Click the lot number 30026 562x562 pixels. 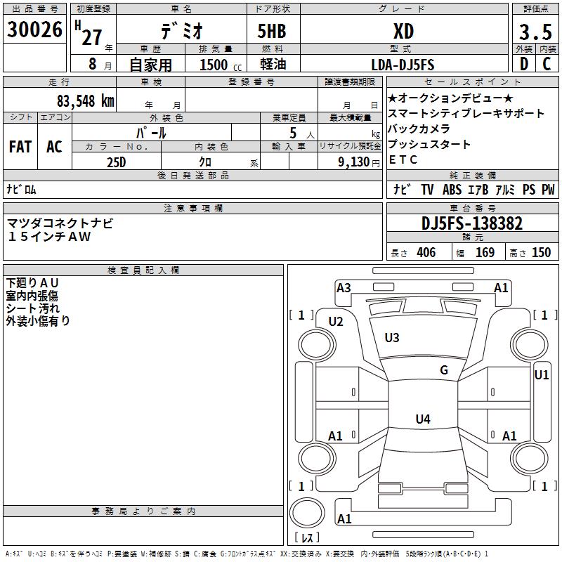coord(34,30)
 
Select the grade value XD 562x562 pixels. coord(403,31)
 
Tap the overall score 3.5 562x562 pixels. coord(534,32)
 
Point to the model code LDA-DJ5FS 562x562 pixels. coord(403,65)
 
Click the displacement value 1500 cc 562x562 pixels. coord(216,65)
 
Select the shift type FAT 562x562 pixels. coord(20,147)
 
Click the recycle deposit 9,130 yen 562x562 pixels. coord(351,162)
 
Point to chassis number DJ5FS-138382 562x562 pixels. coord(472,223)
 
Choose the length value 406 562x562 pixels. coord(426,253)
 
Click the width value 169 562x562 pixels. coord(485,253)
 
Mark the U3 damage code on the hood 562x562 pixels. coord(392,338)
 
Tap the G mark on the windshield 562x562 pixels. coord(444,370)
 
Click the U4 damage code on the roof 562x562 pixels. coord(422,419)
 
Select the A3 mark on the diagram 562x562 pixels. coord(344,287)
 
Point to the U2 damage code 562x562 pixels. coord(336,322)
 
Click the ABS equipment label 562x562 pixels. coord(452,190)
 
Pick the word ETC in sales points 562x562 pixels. coord(403,159)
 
